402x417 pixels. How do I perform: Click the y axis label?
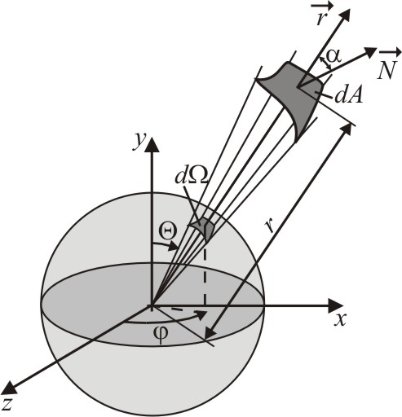pos(139,142)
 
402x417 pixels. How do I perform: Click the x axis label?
pos(340,320)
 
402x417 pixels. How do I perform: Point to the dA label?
pos(348,95)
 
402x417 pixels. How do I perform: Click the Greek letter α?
pos(334,56)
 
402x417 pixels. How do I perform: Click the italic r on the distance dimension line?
pos(270,225)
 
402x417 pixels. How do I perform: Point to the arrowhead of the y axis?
pos(152,144)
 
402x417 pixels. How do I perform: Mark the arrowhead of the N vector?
pos(370,52)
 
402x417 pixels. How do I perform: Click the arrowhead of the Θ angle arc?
pos(174,248)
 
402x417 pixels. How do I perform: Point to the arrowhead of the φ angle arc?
pos(201,315)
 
